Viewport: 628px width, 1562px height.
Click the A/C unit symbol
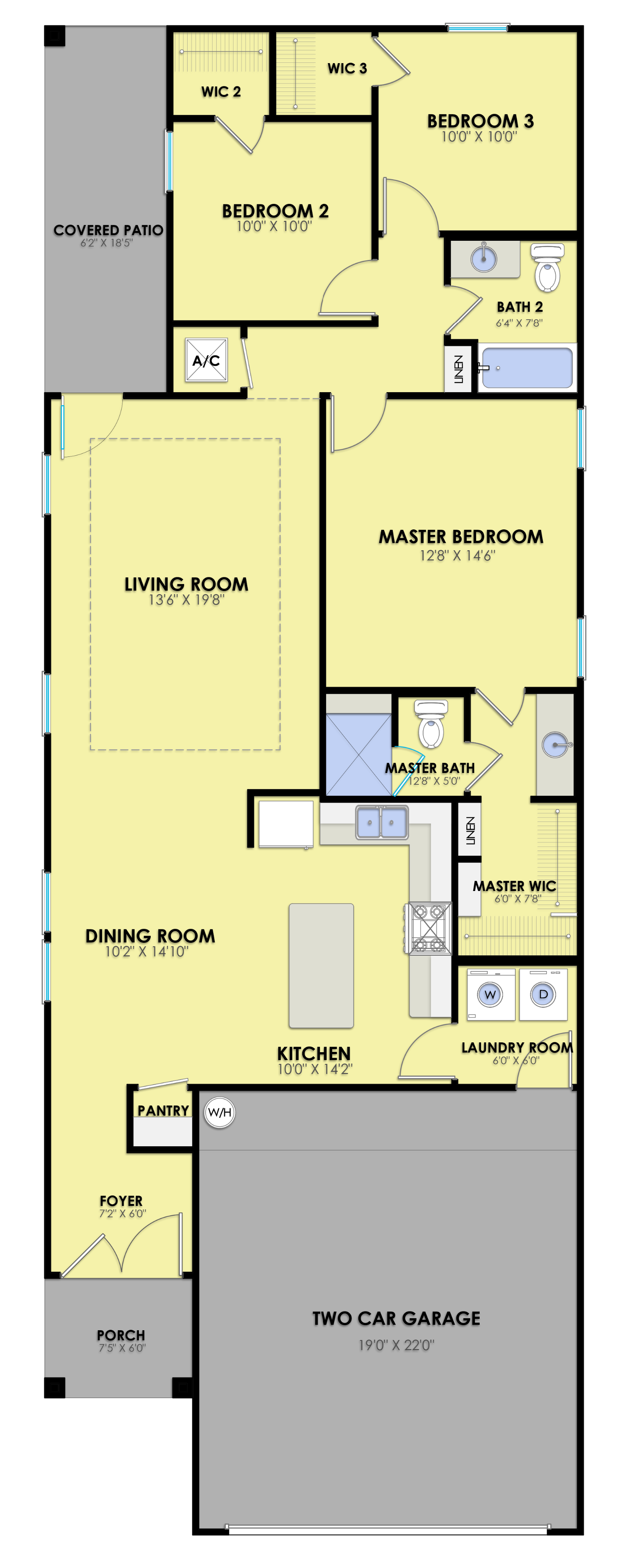(x=206, y=360)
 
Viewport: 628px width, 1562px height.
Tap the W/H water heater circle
(x=219, y=1112)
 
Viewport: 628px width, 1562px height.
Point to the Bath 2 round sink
(x=484, y=259)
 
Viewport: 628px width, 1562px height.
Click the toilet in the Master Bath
(x=431, y=725)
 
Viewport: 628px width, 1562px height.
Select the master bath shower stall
(x=359, y=754)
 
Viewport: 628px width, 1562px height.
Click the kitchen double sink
(x=382, y=822)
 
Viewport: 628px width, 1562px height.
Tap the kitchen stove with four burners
(x=428, y=928)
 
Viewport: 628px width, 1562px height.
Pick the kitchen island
(x=321, y=966)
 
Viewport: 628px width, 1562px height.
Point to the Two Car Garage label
(x=396, y=1318)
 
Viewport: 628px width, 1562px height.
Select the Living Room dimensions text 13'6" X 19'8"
(x=187, y=600)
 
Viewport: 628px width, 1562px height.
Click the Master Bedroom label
(x=461, y=536)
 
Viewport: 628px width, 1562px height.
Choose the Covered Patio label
(x=108, y=231)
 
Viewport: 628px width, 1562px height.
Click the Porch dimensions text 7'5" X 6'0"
(x=122, y=1348)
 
